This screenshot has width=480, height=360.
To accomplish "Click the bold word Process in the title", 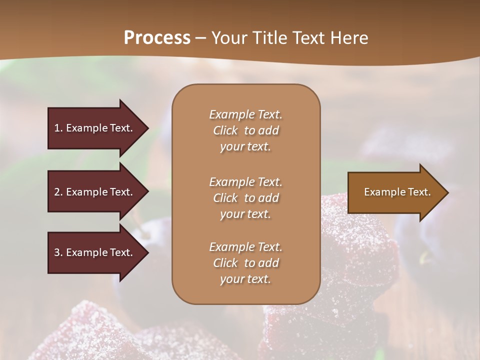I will point(157,38).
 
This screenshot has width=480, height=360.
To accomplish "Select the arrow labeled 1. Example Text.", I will point(95,128).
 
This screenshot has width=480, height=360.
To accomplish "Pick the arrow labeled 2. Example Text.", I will point(95,192).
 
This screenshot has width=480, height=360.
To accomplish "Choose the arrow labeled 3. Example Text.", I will point(95,252).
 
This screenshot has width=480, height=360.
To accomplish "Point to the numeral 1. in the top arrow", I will point(58,128).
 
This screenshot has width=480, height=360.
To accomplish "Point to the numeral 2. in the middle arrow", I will point(58,192).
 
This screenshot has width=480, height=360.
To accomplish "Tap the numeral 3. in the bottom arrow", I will point(58,252).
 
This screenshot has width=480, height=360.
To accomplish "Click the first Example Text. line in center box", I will point(245,114).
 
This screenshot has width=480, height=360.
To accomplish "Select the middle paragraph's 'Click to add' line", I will point(245,198).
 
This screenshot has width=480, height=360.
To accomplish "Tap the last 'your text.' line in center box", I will point(245,279).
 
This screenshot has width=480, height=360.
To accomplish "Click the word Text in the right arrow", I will point(419,192).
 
